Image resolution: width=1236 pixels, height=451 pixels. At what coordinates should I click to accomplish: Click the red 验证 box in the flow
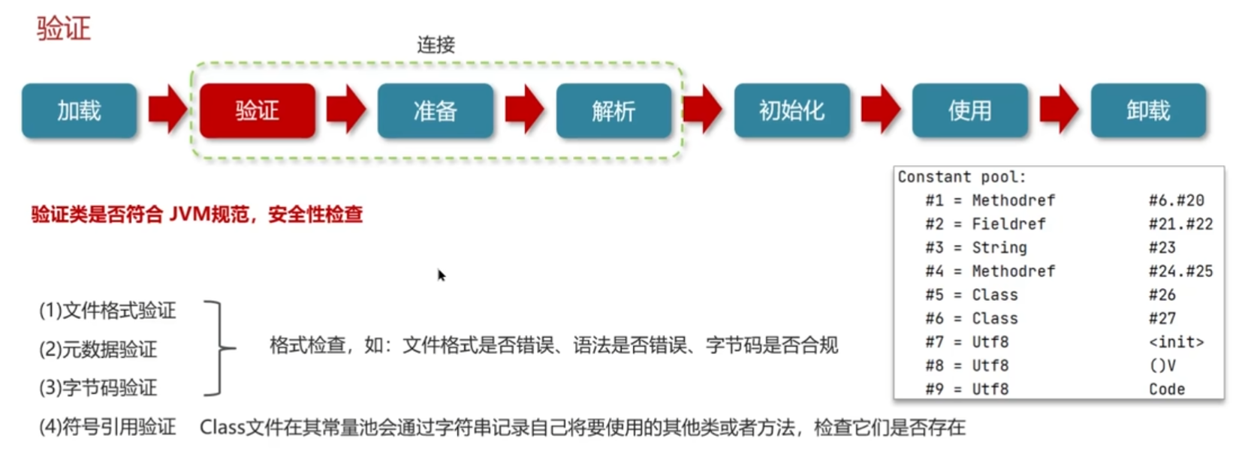(x=257, y=111)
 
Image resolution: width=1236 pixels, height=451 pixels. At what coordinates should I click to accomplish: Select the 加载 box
(x=79, y=111)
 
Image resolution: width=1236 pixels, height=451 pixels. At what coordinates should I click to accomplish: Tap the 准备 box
(x=435, y=111)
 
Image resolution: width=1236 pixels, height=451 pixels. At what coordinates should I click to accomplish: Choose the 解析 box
(x=613, y=111)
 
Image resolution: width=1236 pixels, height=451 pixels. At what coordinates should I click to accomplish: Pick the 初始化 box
(x=791, y=111)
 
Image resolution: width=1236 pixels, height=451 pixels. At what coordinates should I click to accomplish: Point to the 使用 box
(x=969, y=111)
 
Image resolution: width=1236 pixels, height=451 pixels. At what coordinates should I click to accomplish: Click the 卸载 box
(x=1148, y=111)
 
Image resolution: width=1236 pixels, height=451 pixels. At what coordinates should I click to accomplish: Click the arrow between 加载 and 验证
(x=167, y=110)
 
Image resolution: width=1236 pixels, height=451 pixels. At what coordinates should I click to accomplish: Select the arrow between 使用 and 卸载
(x=1059, y=110)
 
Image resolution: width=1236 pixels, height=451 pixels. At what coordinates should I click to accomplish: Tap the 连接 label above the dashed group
(x=436, y=45)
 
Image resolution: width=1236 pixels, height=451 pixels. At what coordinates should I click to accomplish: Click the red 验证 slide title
(x=64, y=29)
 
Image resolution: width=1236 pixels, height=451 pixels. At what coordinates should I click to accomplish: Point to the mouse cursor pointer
(x=441, y=275)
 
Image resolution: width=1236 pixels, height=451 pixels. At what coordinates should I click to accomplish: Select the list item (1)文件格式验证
(x=107, y=311)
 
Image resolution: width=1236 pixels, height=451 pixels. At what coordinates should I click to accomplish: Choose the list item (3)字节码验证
(x=98, y=388)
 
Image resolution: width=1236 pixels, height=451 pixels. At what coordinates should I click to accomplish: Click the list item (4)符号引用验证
(x=107, y=427)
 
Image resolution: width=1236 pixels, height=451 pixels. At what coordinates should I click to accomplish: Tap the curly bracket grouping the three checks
(x=219, y=348)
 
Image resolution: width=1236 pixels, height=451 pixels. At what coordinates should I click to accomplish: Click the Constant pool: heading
(x=961, y=177)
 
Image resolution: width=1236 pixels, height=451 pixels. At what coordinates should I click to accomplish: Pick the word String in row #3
(x=999, y=248)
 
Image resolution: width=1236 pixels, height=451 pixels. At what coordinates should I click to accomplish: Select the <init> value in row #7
(x=1176, y=342)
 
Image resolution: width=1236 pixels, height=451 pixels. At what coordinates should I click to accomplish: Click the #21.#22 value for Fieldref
(x=1180, y=224)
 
